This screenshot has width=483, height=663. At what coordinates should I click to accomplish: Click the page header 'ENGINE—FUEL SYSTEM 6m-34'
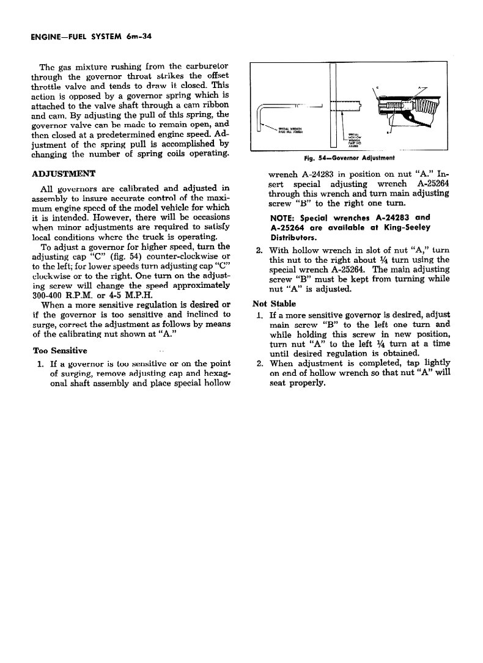[x=91, y=37]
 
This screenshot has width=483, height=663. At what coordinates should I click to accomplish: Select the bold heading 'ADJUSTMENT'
[x=63, y=174]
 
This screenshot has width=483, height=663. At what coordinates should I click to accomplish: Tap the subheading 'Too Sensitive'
[x=59, y=350]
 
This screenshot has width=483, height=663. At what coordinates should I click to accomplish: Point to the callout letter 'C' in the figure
[x=378, y=87]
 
